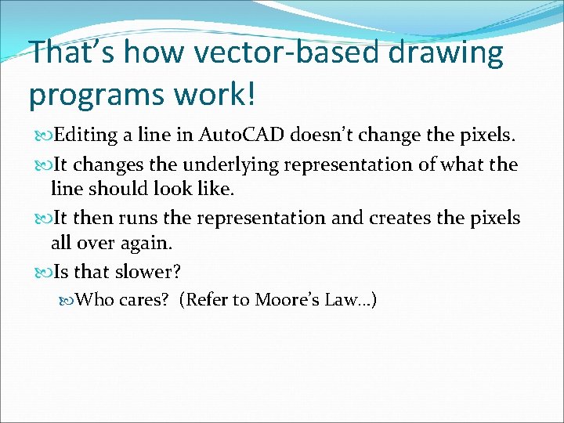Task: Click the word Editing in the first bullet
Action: coord(82,136)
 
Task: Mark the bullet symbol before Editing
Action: coord(39,136)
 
